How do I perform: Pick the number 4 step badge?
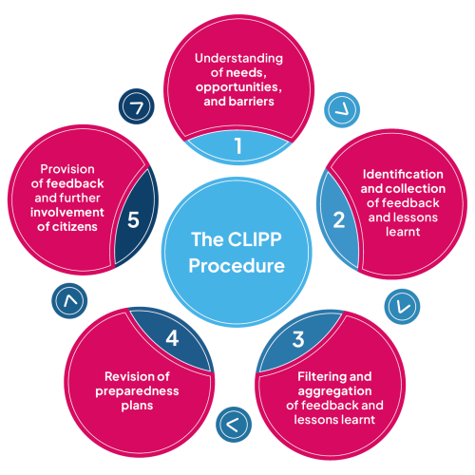coord(172,337)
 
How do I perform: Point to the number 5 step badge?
coord(133,219)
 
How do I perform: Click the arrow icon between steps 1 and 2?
coord(337,108)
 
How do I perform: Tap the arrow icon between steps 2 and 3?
coord(400,306)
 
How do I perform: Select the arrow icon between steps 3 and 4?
coord(231,424)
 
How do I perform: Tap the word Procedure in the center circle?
coord(237,266)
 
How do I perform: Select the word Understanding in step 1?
coord(237,58)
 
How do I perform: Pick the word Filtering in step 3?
coord(315,376)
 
